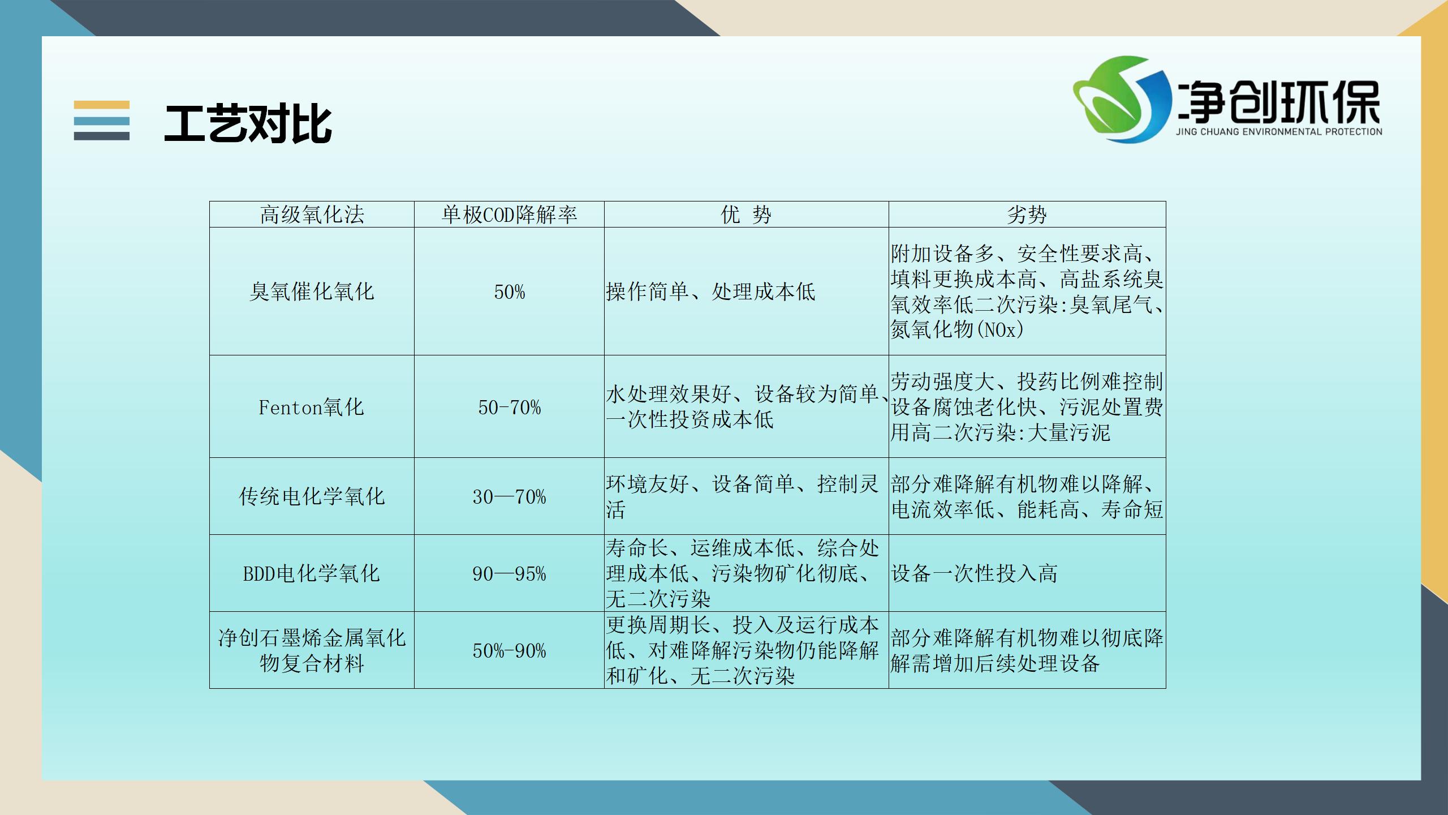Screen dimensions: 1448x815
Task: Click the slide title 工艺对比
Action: pyautogui.click(x=248, y=123)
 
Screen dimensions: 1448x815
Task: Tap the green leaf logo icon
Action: pyautogui.click(x=1123, y=99)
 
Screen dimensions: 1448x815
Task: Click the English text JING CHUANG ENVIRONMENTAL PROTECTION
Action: pyautogui.click(x=1279, y=132)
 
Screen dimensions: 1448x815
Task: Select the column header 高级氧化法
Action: pyautogui.click(x=312, y=215)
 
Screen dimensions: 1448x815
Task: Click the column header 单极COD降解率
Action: pyautogui.click(x=509, y=215)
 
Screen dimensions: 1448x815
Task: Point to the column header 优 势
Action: pyautogui.click(x=746, y=215)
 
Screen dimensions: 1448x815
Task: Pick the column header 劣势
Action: pyautogui.click(x=1027, y=215)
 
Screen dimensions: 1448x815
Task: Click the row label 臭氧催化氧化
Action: pyautogui.click(x=312, y=291)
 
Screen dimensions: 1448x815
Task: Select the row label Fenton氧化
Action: pyautogui.click(x=312, y=407)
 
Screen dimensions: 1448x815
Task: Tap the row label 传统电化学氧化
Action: pyautogui.click(x=312, y=496)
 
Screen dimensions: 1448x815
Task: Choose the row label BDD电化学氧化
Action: pyautogui.click(x=312, y=573)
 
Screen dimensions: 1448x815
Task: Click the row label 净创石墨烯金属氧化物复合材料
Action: pyautogui.click(x=312, y=650)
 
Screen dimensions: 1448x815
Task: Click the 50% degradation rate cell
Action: pyautogui.click(x=509, y=292)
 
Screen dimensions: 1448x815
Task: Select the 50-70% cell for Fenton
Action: pyautogui.click(x=509, y=407)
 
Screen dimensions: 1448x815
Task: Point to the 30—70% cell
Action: pyautogui.click(x=509, y=497)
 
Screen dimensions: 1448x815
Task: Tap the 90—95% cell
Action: pyautogui.click(x=509, y=574)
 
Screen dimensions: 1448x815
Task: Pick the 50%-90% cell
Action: pyautogui.click(x=509, y=651)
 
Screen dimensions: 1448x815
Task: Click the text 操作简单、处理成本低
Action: pyautogui.click(x=710, y=291)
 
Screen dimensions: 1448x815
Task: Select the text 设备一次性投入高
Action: pyautogui.click(x=974, y=573)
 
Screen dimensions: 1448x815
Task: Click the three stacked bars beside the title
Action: pyautogui.click(x=102, y=121)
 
